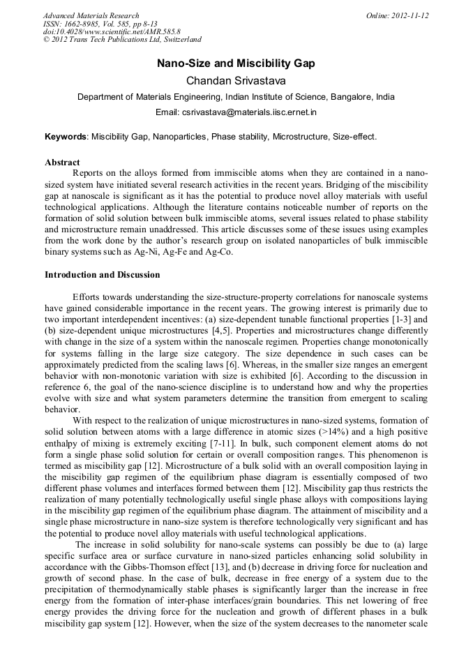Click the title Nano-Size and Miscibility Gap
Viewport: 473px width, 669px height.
[x=236, y=63]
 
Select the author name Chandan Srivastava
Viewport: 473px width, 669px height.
[x=236, y=81]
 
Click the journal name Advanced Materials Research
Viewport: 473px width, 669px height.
[x=91, y=15]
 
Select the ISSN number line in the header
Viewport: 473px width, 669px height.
[x=100, y=24]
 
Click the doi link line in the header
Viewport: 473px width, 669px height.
[x=112, y=32]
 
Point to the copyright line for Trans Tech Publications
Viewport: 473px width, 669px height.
[x=122, y=40]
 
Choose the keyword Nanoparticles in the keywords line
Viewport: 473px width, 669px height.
[x=179, y=137]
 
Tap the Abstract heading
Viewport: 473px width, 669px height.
[x=62, y=163]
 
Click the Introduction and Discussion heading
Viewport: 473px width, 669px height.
[x=102, y=275]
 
